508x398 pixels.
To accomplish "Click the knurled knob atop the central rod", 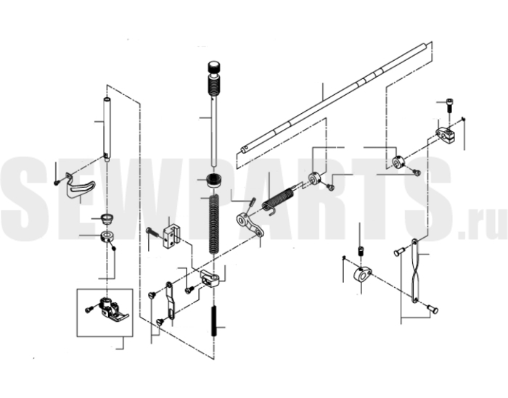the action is point(214,67).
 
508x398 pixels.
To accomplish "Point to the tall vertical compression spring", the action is point(213,225).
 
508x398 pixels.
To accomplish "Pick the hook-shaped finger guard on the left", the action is point(80,187).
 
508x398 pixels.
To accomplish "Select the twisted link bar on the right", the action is point(415,271).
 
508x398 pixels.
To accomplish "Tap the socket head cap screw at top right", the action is point(449,105).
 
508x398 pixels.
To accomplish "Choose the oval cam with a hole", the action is point(363,275).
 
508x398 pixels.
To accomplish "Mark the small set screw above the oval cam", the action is point(359,251).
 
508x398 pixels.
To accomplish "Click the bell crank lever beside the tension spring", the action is point(250,225).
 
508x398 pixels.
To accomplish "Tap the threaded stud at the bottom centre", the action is point(214,321).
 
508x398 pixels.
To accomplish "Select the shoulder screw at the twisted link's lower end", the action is point(433,309).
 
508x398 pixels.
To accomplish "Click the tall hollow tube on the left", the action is point(107,129).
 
